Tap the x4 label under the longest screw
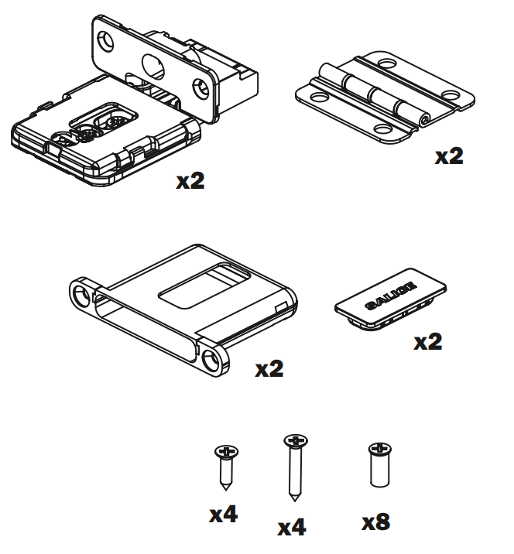(x=292, y=528)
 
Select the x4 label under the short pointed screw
(x=223, y=515)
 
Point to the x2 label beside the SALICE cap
(x=427, y=342)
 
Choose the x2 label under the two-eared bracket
(x=269, y=369)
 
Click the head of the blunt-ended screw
(x=379, y=449)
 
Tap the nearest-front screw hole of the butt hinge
(x=382, y=130)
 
